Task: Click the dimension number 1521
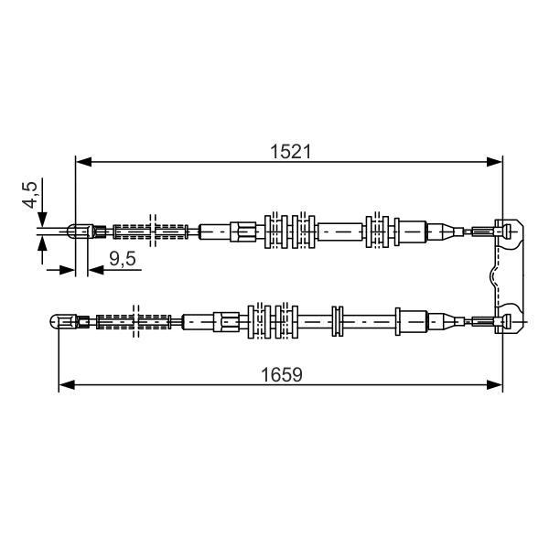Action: [290, 152]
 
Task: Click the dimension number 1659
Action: [282, 374]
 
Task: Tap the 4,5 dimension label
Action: [30, 195]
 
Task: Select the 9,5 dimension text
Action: [123, 259]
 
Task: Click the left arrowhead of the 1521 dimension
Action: [83, 162]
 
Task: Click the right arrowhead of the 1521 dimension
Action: [494, 162]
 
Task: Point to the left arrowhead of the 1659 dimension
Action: [67, 385]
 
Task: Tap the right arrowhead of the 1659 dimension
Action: [494, 385]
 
